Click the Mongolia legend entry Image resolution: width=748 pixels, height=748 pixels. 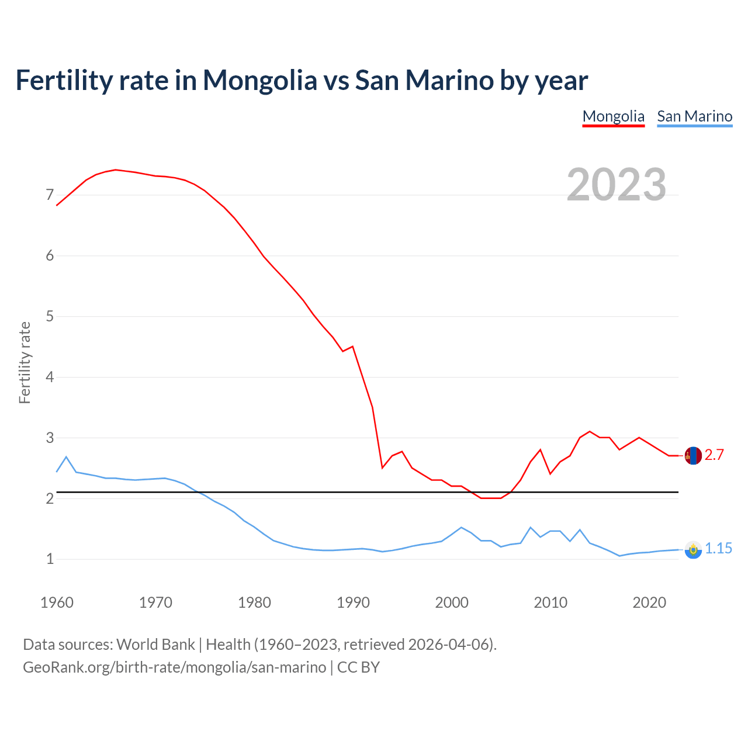613,116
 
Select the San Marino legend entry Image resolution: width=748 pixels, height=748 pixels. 694,116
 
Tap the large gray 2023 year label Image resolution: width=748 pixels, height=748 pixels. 616,185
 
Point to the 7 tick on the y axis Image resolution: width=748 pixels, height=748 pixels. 50,195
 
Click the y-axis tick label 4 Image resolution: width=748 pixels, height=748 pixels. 50,377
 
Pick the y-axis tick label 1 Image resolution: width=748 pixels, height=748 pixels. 50,559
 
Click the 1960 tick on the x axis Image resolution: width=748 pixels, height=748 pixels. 57,602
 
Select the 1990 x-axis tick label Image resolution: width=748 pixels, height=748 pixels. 353,602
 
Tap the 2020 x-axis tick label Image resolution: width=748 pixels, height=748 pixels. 649,602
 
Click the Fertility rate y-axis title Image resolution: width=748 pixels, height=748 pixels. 25,362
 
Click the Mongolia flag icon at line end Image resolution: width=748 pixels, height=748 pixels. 693,455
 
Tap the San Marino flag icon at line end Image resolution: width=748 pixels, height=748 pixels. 693,549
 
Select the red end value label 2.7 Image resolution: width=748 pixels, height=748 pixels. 714,455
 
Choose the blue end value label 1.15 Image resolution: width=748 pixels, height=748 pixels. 718,549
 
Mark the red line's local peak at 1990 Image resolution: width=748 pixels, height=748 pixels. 353,347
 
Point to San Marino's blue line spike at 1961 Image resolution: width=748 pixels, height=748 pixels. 66,456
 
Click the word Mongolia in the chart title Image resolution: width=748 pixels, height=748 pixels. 259,80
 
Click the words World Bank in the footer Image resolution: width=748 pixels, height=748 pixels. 155,645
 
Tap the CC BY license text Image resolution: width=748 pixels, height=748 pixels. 358,667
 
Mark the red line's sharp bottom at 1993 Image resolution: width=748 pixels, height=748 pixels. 382,468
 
